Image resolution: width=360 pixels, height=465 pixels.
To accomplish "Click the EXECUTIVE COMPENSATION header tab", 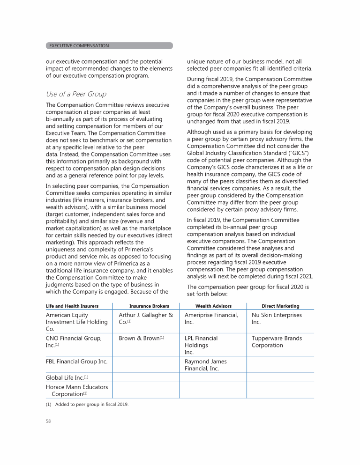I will (x=79, y=45).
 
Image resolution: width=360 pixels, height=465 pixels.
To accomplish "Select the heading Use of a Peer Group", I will (x=76, y=94).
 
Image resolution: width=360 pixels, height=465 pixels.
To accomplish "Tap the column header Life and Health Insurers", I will (x=72, y=306).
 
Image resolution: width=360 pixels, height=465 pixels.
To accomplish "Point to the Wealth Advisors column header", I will (x=213, y=306).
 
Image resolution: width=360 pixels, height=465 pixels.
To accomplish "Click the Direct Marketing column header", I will (x=280, y=306).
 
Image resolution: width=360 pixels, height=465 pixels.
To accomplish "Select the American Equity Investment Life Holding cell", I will (x=76, y=322).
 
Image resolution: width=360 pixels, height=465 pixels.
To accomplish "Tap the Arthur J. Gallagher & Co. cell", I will (x=146, y=318).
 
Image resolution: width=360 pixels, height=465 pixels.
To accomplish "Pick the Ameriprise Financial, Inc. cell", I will (x=211, y=318).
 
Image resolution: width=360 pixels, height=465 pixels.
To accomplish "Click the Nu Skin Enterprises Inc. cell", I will (x=277, y=318).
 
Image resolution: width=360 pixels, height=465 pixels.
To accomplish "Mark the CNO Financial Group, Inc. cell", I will (x=73, y=341).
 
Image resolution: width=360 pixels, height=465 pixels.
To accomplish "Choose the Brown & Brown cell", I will (x=141, y=338).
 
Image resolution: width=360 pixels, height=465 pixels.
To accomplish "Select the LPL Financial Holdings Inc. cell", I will (x=202, y=345).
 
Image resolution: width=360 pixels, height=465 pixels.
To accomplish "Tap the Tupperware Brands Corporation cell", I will (x=277, y=341).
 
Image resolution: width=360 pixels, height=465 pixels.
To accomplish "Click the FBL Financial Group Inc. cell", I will (x=76, y=362).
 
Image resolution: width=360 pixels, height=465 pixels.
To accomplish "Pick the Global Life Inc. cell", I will (x=67, y=377).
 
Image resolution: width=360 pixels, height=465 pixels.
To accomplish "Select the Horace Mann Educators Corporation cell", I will (x=76, y=391).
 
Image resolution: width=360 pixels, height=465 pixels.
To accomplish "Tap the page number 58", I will (x=48, y=421).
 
